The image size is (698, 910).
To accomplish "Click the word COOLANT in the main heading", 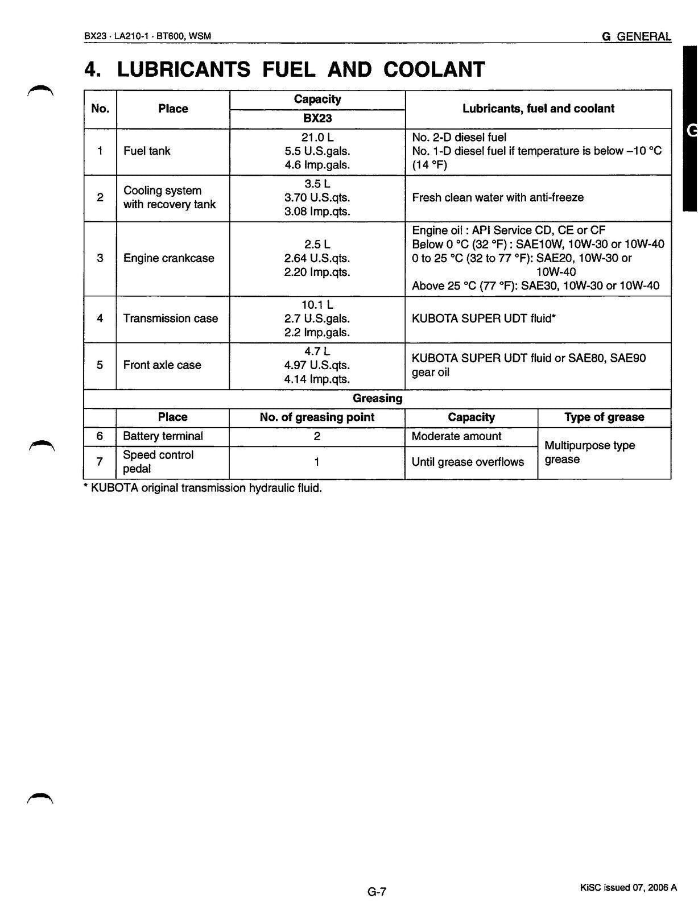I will [x=434, y=69].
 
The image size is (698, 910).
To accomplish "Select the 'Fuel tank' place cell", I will [x=147, y=151].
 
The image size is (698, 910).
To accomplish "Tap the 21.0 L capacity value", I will [x=317, y=137].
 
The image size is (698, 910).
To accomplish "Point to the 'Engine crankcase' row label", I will [x=168, y=258].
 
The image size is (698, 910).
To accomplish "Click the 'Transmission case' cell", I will [x=170, y=318].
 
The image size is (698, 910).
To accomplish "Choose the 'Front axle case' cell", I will [x=162, y=365].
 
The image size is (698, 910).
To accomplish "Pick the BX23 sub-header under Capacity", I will [x=317, y=118].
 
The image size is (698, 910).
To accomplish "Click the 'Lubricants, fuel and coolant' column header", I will [x=538, y=109].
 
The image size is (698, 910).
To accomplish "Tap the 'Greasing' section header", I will [x=377, y=398].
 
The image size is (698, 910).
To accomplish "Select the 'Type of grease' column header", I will [x=604, y=417].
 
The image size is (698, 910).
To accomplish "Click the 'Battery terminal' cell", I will [x=163, y=436].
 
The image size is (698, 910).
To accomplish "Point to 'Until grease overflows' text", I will [x=468, y=462].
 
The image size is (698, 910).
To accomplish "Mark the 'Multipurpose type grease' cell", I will [x=589, y=452].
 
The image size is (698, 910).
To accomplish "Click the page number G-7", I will [x=377, y=892].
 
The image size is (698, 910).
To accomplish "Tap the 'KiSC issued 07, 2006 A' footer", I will [x=629, y=888].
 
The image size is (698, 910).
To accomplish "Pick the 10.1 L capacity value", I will [x=317, y=305].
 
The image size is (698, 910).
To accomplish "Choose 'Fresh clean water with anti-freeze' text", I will [x=497, y=198].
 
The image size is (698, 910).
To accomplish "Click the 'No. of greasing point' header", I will [x=317, y=417].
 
